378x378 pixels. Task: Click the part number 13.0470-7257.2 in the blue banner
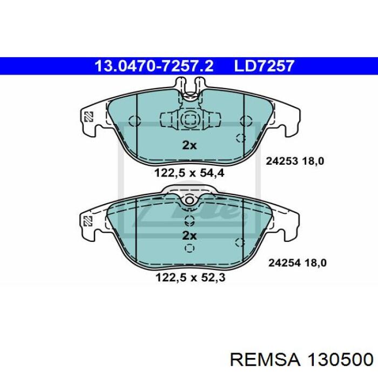154,66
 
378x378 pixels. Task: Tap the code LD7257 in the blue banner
264,66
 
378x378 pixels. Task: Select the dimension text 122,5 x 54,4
189,173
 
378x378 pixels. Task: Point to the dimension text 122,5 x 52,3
191,277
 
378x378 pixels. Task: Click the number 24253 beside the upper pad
282,161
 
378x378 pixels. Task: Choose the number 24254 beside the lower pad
285,263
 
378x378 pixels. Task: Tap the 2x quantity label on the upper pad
189,145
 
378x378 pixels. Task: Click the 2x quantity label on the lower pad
189,235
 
